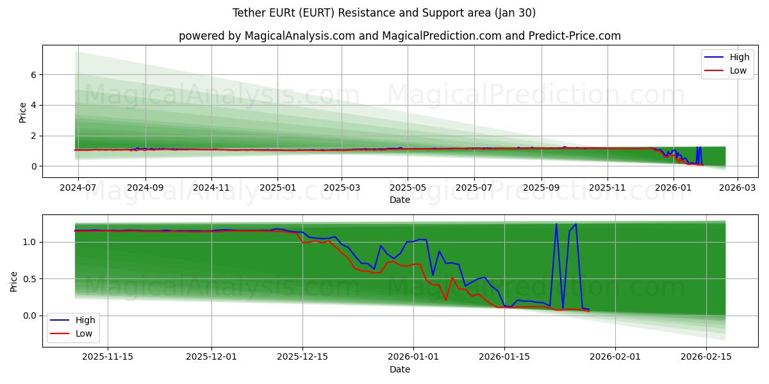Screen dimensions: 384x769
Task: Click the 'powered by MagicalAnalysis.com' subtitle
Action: [x=400, y=36]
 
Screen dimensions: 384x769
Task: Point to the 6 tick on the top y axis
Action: [x=32, y=75]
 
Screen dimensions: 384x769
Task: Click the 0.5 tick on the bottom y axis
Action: [x=29, y=279]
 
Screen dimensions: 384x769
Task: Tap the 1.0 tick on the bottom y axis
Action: [x=29, y=242]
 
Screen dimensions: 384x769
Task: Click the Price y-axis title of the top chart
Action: [x=23, y=112]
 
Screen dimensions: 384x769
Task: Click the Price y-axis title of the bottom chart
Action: [x=14, y=281]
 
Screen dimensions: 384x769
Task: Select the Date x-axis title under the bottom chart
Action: [x=400, y=369]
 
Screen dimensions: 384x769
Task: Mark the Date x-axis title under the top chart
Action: [x=400, y=200]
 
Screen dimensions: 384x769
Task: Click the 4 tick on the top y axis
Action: [x=32, y=105]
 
